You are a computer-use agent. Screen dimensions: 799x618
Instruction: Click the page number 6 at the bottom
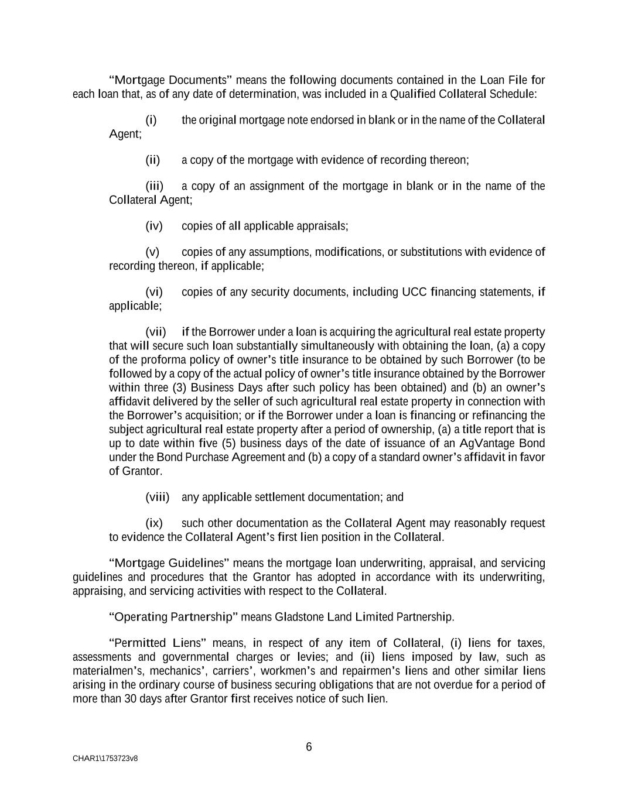[x=309, y=747]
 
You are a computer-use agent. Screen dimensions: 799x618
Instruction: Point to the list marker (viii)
[x=157, y=497]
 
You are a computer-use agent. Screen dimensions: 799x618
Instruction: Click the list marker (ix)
[x=154, y=523]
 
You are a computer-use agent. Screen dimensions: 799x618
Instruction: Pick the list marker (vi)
[x=154, y=292]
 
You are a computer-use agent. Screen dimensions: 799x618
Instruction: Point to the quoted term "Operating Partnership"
[x=173, y=617]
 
